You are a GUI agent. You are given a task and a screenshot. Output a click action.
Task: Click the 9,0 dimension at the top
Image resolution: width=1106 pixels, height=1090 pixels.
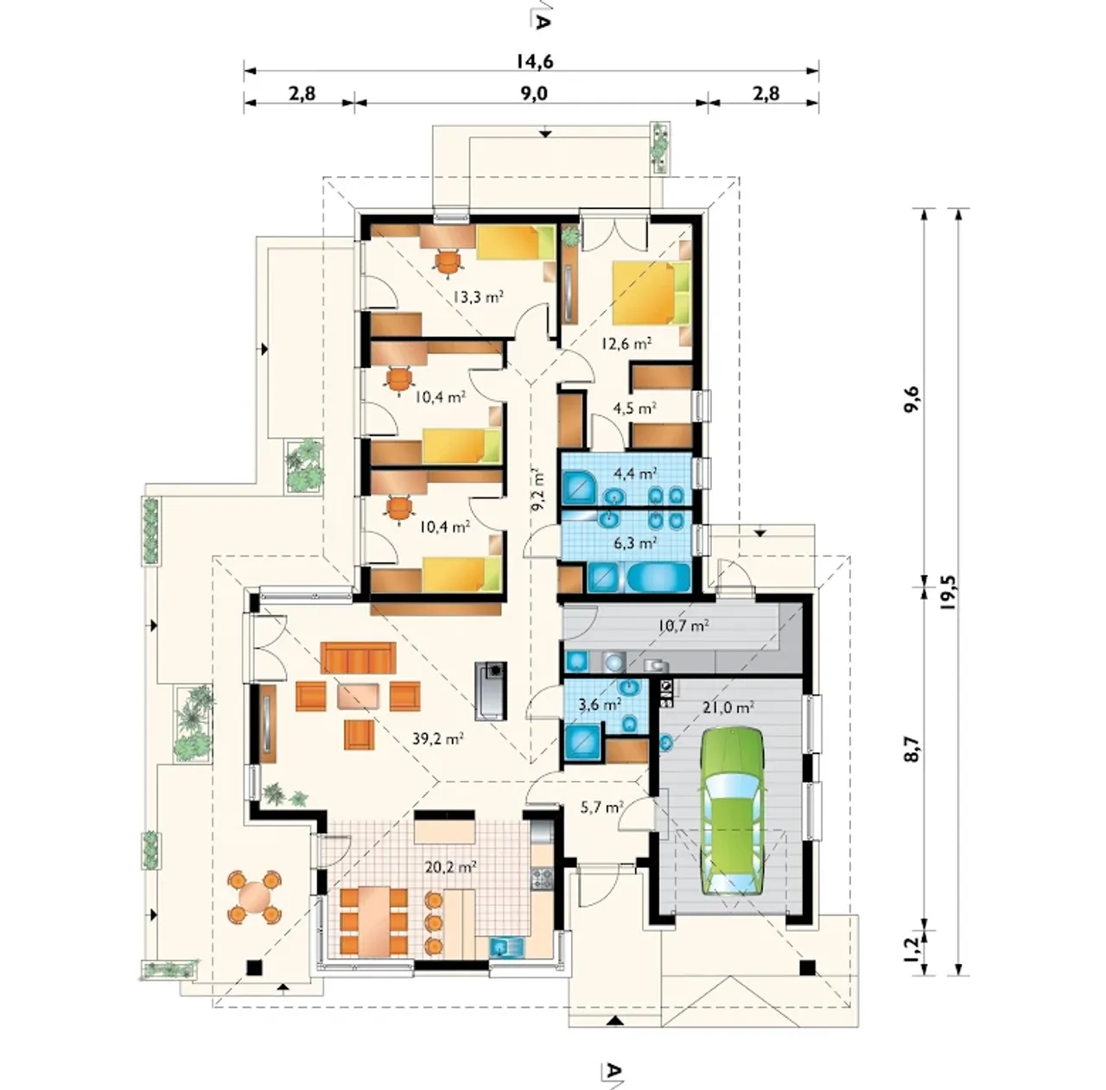coord(534,93)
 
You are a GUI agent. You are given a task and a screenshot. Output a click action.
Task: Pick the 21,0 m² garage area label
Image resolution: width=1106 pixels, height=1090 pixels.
coord(728,707)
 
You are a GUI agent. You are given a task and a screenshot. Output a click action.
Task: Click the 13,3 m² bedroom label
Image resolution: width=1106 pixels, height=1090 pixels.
coord(478,297)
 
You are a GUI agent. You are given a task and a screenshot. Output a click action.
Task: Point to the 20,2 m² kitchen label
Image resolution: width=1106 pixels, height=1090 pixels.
coord(451,866)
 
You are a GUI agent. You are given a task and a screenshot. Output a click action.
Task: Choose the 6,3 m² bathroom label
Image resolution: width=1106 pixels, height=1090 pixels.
coord(634,542)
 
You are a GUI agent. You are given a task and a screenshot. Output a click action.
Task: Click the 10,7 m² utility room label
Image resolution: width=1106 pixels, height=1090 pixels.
coord(682,625)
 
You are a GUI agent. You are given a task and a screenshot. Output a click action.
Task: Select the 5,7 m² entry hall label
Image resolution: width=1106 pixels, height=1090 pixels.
coord(602,807)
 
